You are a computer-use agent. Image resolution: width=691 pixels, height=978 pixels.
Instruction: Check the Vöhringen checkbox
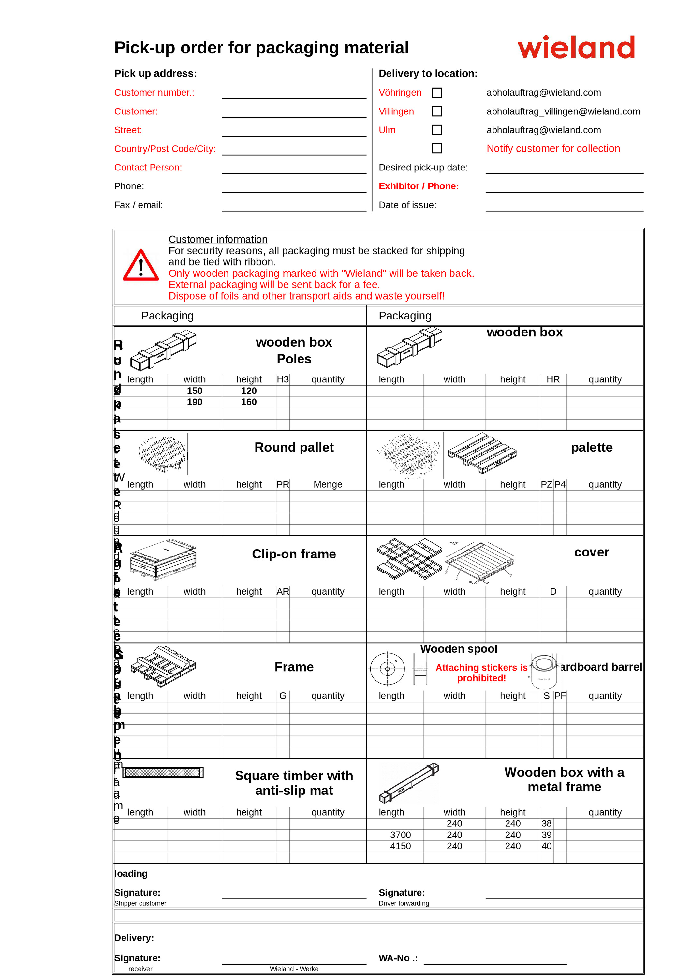436,93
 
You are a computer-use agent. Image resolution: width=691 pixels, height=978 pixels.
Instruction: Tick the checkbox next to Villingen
436,111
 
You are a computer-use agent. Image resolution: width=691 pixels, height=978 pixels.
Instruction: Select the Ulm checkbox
436,130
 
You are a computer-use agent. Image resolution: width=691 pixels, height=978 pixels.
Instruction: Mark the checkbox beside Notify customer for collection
436,148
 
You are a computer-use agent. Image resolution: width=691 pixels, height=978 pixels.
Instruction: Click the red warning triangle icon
140,266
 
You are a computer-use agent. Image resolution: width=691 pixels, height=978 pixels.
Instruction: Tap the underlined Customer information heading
218,239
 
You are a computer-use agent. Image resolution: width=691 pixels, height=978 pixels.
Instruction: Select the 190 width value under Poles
195,402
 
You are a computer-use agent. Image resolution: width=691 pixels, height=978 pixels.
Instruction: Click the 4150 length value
400,846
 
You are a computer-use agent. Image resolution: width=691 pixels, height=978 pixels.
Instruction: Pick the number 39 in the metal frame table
546,835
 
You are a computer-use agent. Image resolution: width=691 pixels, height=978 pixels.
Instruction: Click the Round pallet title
294,447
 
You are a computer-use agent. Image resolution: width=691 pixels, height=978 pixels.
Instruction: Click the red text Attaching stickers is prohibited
481,673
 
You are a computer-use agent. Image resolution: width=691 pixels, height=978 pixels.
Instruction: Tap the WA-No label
398,958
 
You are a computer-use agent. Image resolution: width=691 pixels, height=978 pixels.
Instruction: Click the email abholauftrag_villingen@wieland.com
563,111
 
